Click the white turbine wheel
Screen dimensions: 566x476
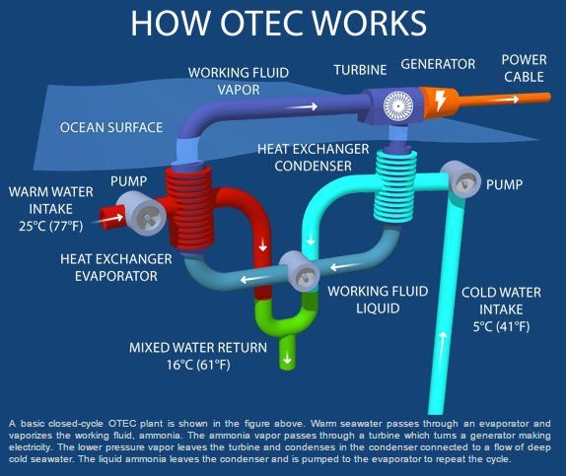point(397,106)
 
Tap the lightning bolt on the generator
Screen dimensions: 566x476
point(441,100)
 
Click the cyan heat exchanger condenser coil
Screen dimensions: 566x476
point(395,186)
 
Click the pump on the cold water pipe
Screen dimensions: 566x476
point(460,179)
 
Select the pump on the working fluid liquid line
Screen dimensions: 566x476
point(300,271)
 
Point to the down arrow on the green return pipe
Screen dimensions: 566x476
point(287,359)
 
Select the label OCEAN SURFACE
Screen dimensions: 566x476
point(111,127)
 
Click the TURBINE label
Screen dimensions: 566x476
point(360,70)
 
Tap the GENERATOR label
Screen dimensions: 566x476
point(438,64)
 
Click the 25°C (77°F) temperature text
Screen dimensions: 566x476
point(51,227)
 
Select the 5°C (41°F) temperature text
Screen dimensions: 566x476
point(501,326)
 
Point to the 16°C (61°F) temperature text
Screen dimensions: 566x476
point(198,365)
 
